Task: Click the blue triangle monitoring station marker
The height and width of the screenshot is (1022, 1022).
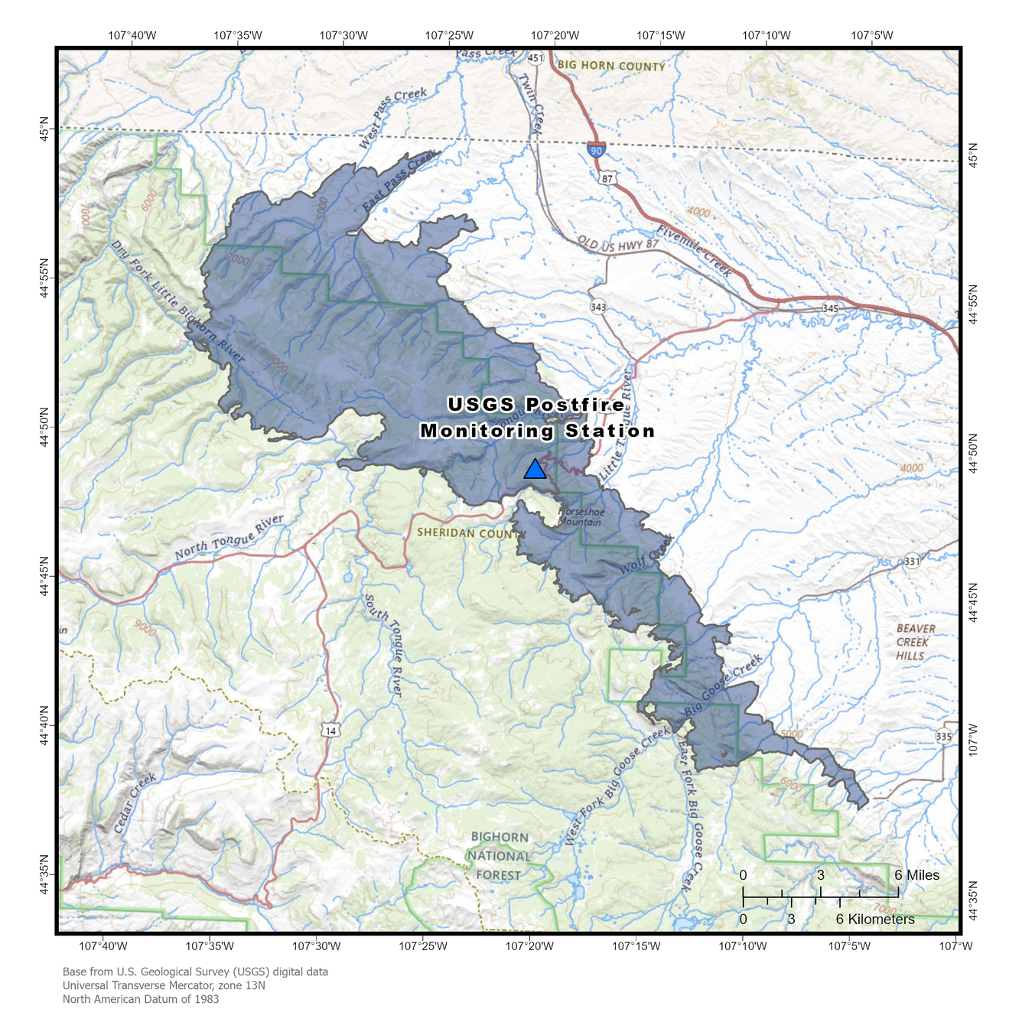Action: point(535,470)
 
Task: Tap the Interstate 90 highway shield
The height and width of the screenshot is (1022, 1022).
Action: point(597,149)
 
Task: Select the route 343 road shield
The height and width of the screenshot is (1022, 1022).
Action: point(598,308)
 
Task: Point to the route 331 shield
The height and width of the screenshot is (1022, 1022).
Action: point(912,561)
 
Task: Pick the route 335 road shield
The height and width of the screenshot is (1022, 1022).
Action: point(944,737)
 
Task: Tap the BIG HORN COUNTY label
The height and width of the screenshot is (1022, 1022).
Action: point(611,66)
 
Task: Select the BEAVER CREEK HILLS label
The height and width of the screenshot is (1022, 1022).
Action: point(916,642)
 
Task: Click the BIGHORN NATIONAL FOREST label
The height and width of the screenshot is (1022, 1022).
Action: point(500,856)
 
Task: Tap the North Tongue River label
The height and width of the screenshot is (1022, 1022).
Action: point(229,538)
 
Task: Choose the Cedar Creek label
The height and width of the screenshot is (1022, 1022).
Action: point(135,802)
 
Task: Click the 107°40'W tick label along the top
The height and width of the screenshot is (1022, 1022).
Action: point(132,35)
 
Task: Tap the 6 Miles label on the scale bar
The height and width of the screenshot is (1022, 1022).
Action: point(916,875)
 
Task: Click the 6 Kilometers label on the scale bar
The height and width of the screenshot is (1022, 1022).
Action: point(875,919)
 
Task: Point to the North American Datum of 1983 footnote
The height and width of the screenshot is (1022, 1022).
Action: point(141,999)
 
